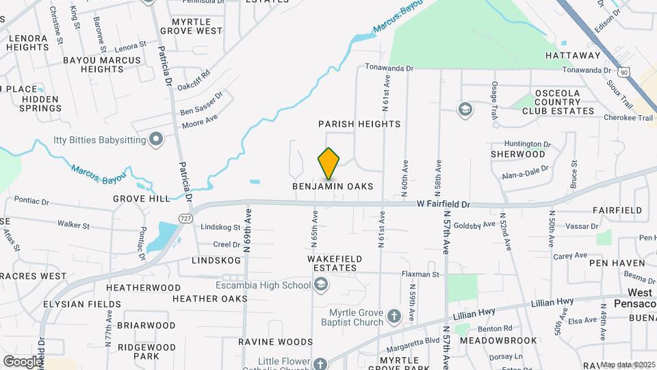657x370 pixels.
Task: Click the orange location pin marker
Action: point(328,164)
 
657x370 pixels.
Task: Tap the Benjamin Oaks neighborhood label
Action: point(333,186)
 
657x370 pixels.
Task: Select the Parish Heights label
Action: point(359,124)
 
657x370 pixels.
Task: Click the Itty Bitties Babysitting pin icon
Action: point(157,140)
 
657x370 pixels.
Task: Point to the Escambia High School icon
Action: point(321,285)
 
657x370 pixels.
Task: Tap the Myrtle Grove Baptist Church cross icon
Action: point(394,317)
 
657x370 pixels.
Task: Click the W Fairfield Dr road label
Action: point(444,204)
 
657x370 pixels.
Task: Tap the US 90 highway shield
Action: point(622,71)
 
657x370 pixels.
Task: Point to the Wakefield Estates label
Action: point(334,263)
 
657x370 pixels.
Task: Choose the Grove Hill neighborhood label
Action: point(142,199)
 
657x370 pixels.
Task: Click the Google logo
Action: point(22,361)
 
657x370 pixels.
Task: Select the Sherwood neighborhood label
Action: point(517,154)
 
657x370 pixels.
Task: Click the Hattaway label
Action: point(573,56)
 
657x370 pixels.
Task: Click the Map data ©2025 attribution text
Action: point(628,365)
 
